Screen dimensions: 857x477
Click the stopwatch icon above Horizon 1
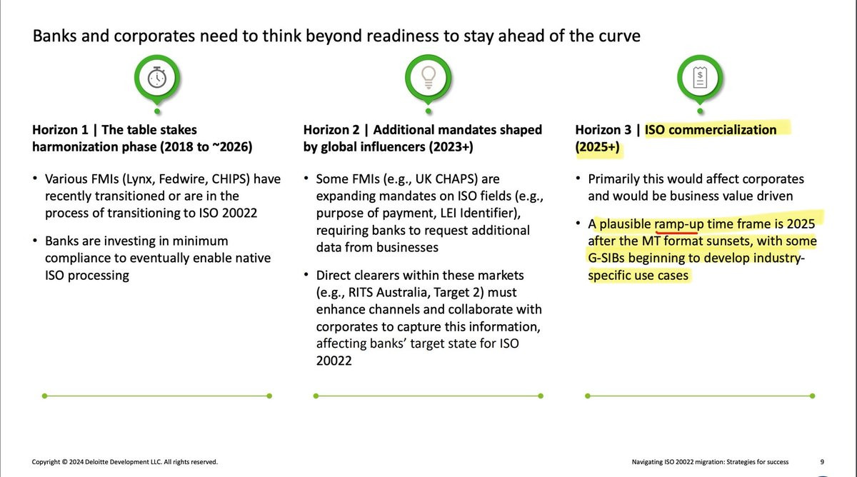point(157,78)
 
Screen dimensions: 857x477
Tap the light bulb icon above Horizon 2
point(428,78)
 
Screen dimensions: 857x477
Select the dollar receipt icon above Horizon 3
point(700,78)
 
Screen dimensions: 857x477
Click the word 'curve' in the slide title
point(619,36)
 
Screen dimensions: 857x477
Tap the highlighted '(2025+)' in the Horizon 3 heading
point(597,147)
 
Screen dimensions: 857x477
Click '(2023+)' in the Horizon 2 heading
point(451,147)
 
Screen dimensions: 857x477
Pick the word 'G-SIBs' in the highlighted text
point(606,258)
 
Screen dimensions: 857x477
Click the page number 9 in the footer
point(822,462)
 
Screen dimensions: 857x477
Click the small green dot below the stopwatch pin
point(157,111)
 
